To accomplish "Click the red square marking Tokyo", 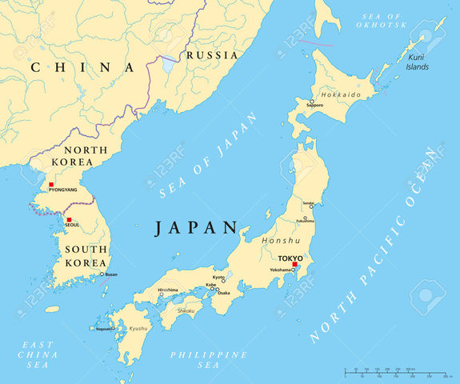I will [294, 264].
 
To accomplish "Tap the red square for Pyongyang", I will [51, 184].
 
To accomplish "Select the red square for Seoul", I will [69, 220].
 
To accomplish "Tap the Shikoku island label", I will [185, 310].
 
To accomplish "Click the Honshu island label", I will [281, 240].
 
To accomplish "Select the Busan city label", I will [110, 274].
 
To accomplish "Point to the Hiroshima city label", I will [168, 290].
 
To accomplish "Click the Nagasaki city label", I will [105, 328].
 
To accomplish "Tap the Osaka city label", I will [224, 293].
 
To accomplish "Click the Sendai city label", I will [308, 204].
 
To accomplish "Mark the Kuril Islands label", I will [417, 62].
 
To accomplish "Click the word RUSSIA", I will [212, 55].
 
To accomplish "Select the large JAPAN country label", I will [197, 227].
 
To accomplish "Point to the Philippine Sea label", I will [198, 359].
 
